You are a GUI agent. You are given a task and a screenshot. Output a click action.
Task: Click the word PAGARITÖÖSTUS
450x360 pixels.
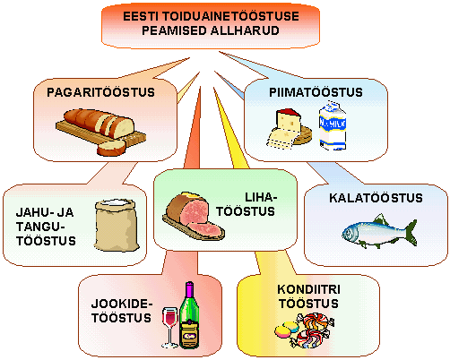pos(100,92)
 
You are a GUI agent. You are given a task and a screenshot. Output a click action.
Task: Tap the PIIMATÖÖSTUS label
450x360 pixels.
pos(316,92)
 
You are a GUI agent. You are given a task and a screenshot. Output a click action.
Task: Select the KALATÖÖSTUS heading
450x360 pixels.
pos(376,198)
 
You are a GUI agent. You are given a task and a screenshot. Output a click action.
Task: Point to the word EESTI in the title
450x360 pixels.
pos(141,16)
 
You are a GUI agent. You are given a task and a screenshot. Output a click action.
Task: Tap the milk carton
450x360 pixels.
pos(333,125)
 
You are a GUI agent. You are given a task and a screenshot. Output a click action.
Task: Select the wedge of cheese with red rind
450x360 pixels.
pos(288,120)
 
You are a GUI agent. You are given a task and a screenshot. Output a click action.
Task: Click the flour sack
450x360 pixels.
pos(117,225)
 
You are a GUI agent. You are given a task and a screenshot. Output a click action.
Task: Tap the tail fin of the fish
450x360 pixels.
pos(411,232)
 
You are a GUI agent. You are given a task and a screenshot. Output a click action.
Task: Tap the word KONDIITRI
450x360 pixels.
pos(308,289)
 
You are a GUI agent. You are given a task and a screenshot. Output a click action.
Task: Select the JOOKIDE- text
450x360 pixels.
pos(122,304)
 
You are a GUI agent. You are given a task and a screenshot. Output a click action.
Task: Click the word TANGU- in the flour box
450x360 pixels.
pos(40,227)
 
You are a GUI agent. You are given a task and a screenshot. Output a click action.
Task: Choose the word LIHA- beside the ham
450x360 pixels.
pos(261,197)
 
